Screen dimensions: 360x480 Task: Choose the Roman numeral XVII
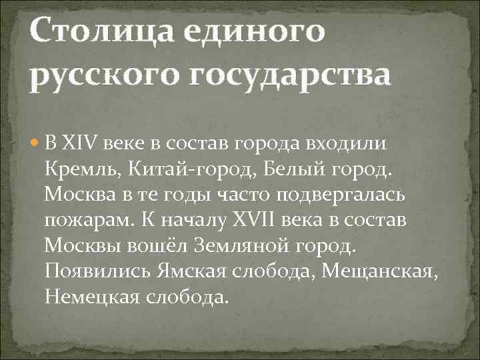coord(261,220)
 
